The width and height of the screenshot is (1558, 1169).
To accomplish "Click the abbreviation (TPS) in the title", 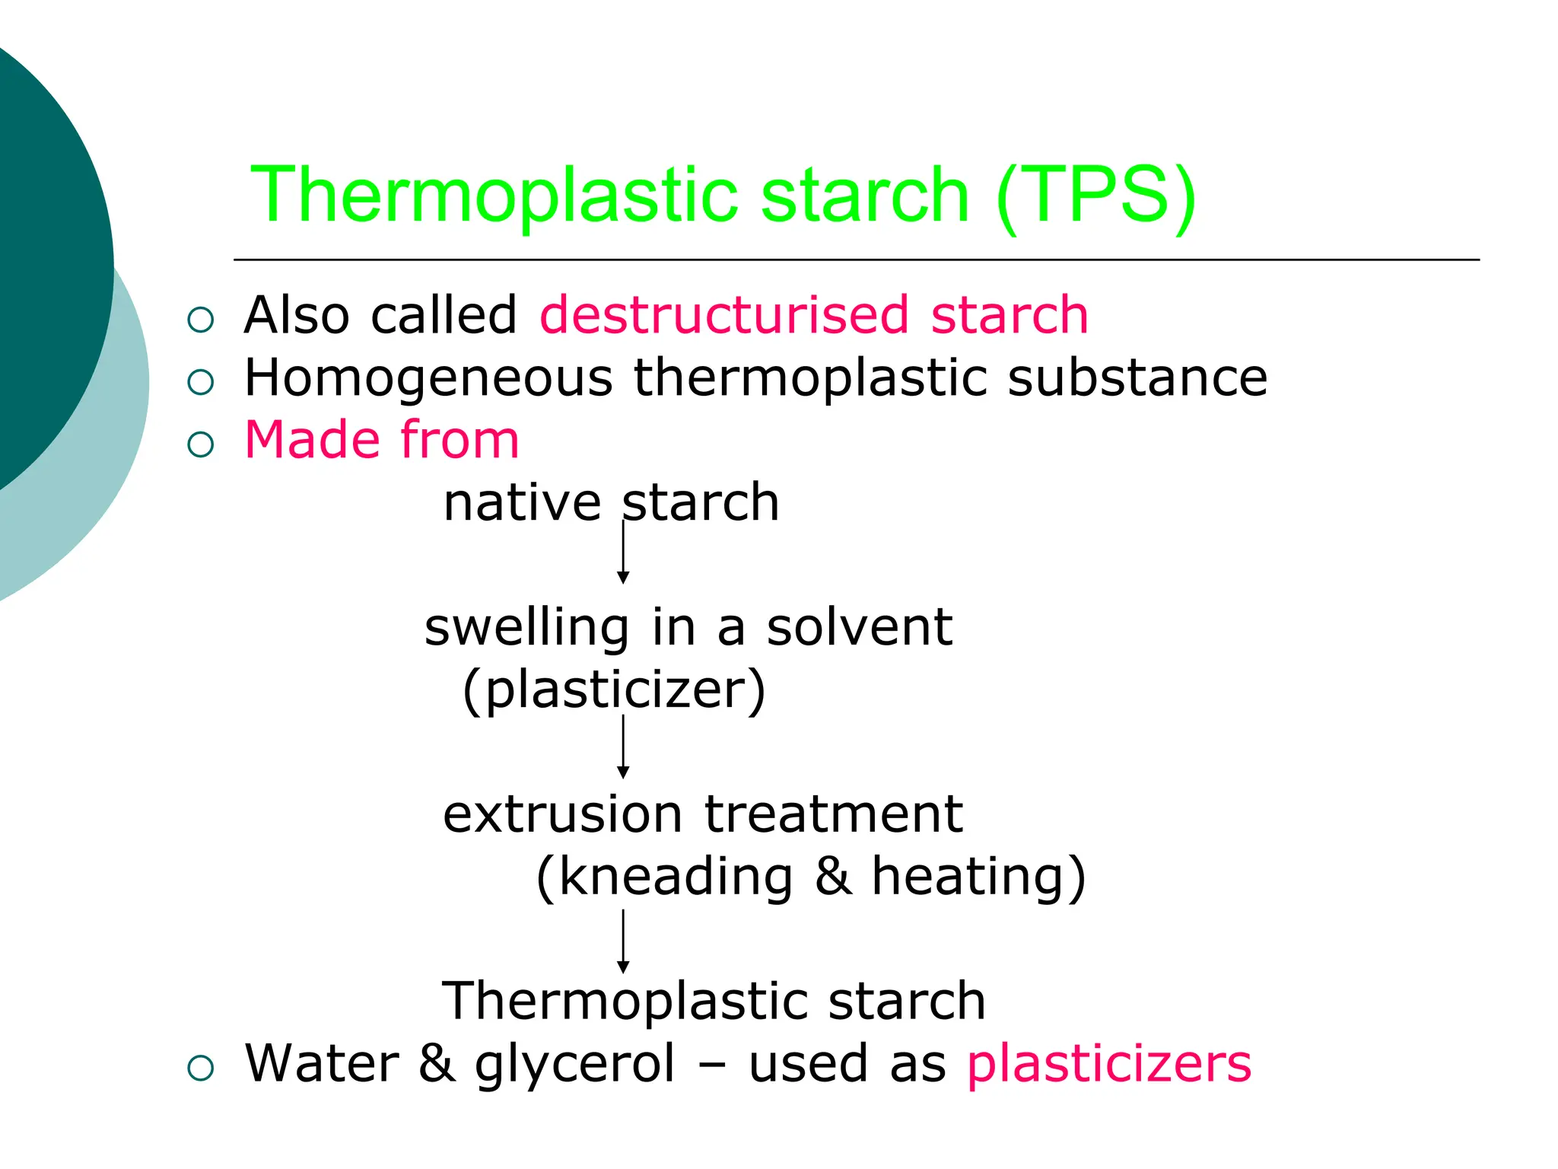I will point(1096,196).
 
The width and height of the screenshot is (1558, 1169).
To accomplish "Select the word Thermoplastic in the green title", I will point(494,196).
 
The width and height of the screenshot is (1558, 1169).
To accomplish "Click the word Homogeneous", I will point(428,378).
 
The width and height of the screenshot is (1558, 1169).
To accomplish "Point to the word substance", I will point(1137,377).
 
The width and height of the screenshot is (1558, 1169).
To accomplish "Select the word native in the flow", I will point(522,503).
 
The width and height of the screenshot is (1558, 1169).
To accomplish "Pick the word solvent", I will point(859,628).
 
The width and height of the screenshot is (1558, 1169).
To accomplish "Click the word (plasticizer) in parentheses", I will point(614,690).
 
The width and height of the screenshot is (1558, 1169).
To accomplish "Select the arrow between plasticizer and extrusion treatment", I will point(623,747).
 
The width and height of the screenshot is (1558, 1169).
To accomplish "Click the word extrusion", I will point(563,814).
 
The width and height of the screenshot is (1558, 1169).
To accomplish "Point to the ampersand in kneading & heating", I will point(832,877).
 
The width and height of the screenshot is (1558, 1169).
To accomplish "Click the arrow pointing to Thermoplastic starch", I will point(623,941).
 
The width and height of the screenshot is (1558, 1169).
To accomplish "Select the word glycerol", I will point(574,1064).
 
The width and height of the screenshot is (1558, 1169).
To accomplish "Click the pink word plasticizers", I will point(1109,1064).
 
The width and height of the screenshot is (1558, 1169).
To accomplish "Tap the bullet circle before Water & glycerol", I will point(201,1069).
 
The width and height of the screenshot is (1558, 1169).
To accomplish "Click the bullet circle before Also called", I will point(201,320).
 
